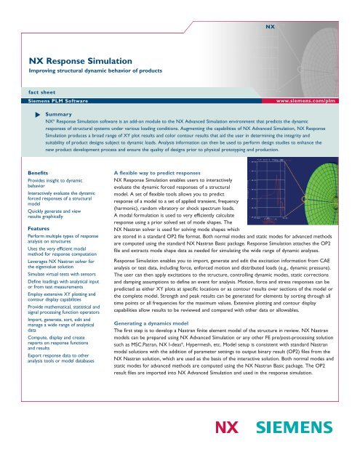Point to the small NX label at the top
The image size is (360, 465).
point(268,25)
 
